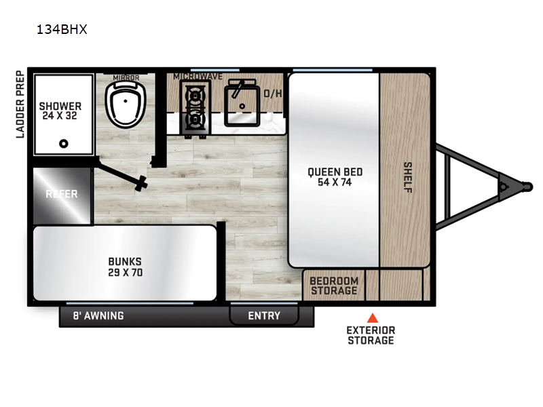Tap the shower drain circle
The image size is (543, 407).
click(x=64, y=143)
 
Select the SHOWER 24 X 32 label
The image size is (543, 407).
click(x=60, y=111)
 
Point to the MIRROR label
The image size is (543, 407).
click(x=126, y=78)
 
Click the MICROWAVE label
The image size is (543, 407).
click(x=198, y=77)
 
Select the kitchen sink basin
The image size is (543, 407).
click(x=241, y=100)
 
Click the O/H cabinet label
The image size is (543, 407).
click(x=273, y=94)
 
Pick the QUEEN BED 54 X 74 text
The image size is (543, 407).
click(x=335, y=176)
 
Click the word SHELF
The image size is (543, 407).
click(x=408, y=176)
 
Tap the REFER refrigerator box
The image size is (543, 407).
click(x=62, y=194)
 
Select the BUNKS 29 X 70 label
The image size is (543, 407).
click(x=125, y=267)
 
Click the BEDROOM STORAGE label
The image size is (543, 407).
click(x=333, y=286)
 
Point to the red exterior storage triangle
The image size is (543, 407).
click(x=371, y=317)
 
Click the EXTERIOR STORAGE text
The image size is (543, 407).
click(x=371, y=334)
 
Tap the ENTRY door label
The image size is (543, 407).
click(x=264, y=315)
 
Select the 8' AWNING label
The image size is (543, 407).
click(x=98, y=315)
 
